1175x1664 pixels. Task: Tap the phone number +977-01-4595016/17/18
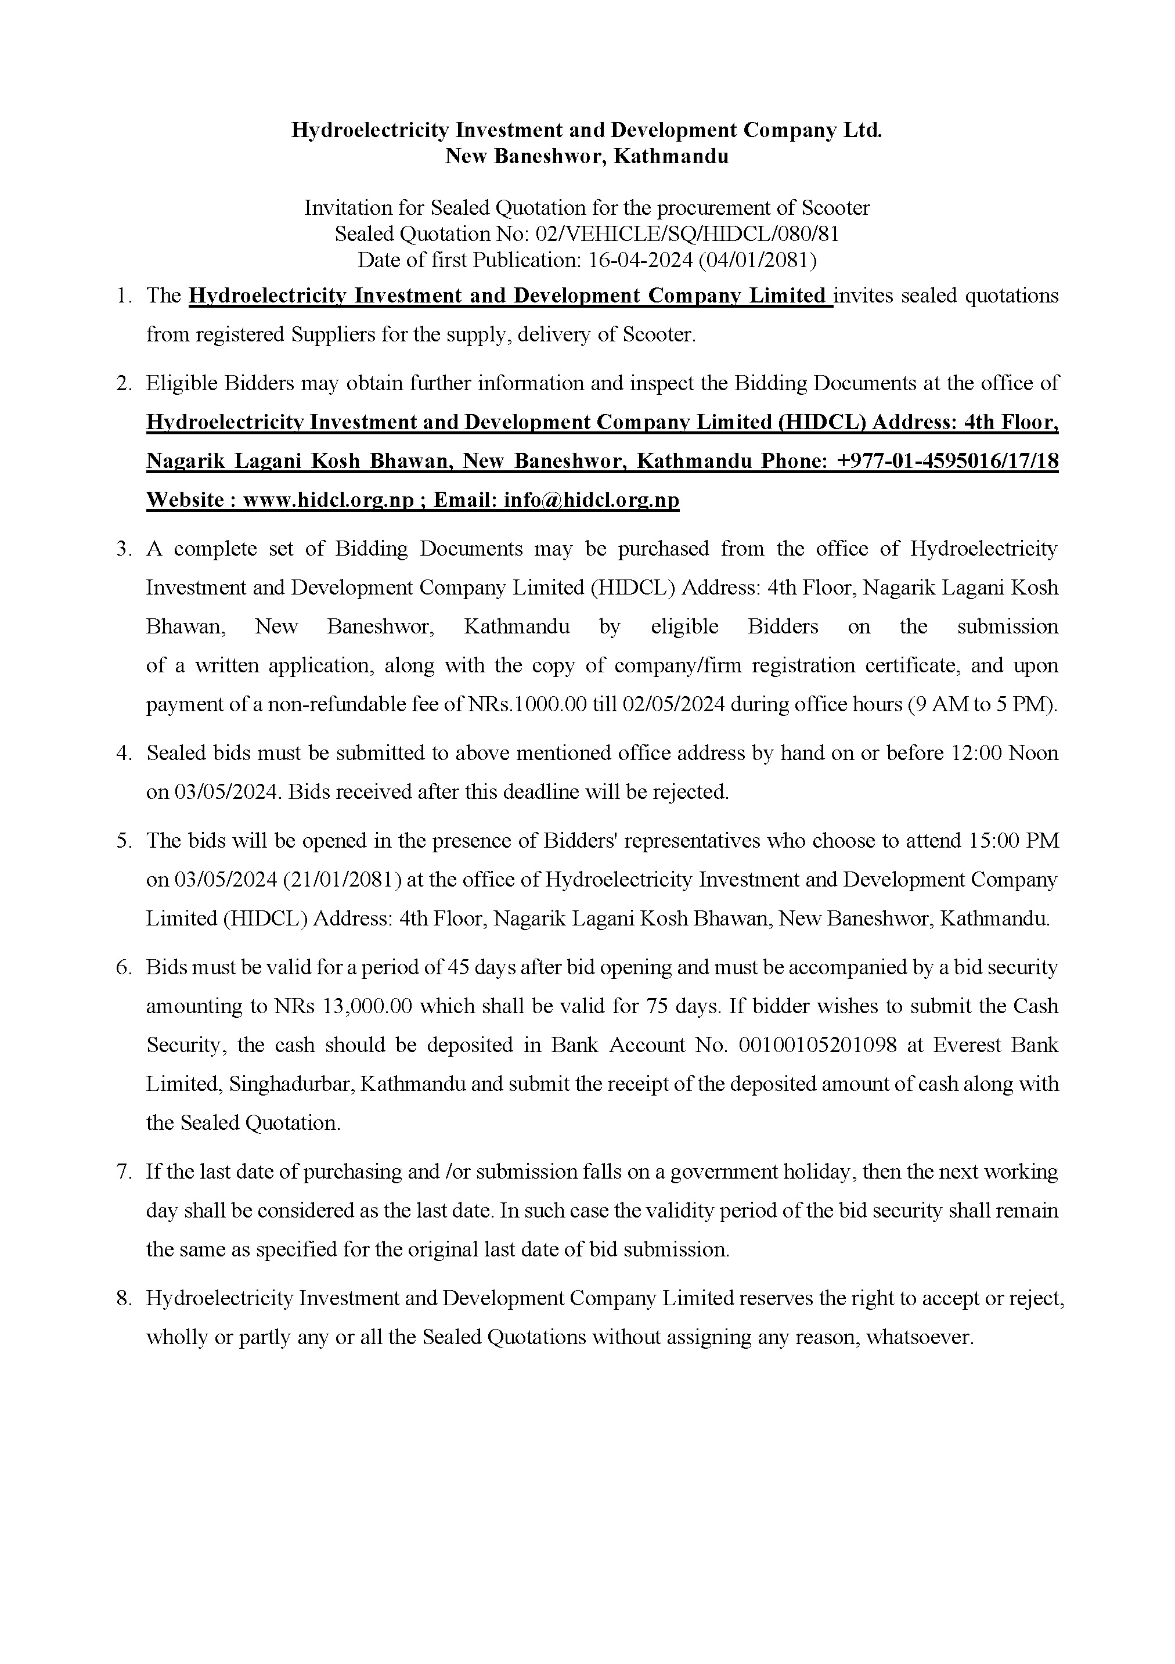tap(947, 462)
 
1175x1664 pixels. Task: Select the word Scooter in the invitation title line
tap(835, 208)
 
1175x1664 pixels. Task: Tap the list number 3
tap(123, 549)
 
